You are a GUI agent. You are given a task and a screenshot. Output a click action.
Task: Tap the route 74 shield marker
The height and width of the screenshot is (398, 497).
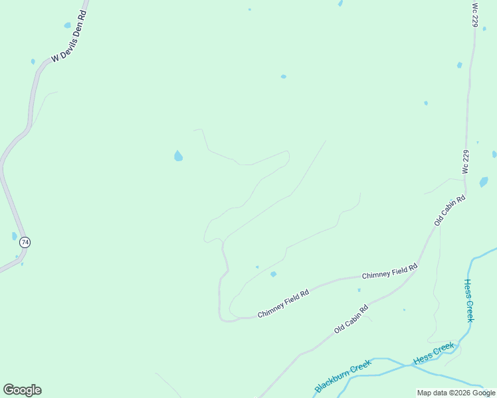point(25,242)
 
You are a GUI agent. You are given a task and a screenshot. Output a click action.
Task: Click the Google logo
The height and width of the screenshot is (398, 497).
point(22,390)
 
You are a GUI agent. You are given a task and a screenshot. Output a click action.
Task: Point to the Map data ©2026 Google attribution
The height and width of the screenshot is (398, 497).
point(456,393)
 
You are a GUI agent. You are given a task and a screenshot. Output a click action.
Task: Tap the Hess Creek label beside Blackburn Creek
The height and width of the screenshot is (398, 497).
point(434,353)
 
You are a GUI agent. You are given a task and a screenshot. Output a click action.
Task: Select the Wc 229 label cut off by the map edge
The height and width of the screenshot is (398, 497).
point(474,15)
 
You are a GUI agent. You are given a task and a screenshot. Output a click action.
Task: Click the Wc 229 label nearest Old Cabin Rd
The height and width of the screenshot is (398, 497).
point(466,162)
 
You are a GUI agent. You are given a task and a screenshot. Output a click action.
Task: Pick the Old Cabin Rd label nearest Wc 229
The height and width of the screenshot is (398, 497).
point(450,210)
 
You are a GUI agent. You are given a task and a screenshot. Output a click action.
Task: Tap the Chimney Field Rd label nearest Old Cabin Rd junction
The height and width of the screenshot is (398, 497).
point(389,271)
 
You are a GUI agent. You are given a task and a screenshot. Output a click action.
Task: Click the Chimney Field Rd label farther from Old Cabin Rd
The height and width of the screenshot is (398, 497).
point(283,304)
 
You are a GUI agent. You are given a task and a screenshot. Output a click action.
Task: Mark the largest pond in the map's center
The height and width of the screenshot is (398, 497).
point(178,156)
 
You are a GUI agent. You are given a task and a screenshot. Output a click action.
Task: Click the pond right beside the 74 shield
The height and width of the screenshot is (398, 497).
point(15,236)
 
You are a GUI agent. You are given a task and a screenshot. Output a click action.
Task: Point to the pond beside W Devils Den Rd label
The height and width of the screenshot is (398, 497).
point(67,25)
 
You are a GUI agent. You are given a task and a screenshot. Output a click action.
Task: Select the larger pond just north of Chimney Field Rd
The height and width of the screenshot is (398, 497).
point(273,274)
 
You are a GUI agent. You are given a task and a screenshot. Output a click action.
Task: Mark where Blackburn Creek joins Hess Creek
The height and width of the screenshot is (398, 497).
point(407,365)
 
